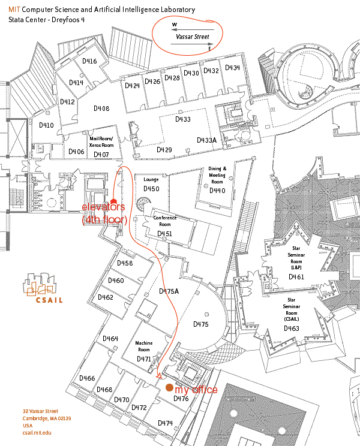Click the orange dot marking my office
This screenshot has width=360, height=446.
click(169, 387)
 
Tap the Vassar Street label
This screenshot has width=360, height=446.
click(193, 37)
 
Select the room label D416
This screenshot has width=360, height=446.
click(89, 61)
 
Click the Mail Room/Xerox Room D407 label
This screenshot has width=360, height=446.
click(101, 146)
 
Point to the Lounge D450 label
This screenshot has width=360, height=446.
click(151, 184)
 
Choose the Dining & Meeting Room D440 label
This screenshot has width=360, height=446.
click(217, 180)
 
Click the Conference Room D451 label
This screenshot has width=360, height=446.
click(165, 226)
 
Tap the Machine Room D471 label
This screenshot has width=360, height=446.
click(144, 351)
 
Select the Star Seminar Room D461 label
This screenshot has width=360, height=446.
click(296, 263)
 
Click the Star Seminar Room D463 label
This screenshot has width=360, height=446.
click(292, 315)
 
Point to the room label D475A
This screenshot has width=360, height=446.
click(169, 291)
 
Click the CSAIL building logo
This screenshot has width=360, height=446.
click(43, 288)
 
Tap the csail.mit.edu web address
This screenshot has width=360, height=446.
click(37, 433)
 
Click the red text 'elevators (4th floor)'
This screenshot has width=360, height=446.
click(104, 213)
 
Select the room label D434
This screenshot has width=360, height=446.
click(233, 67)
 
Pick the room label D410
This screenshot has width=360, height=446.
click(46, 125)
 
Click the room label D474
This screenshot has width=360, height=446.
click(166, 423)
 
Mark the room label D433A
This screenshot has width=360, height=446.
click(206, 140)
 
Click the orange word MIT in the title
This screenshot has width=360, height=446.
click(14, 10)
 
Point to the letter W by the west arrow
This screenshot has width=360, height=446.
click(175, 25)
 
